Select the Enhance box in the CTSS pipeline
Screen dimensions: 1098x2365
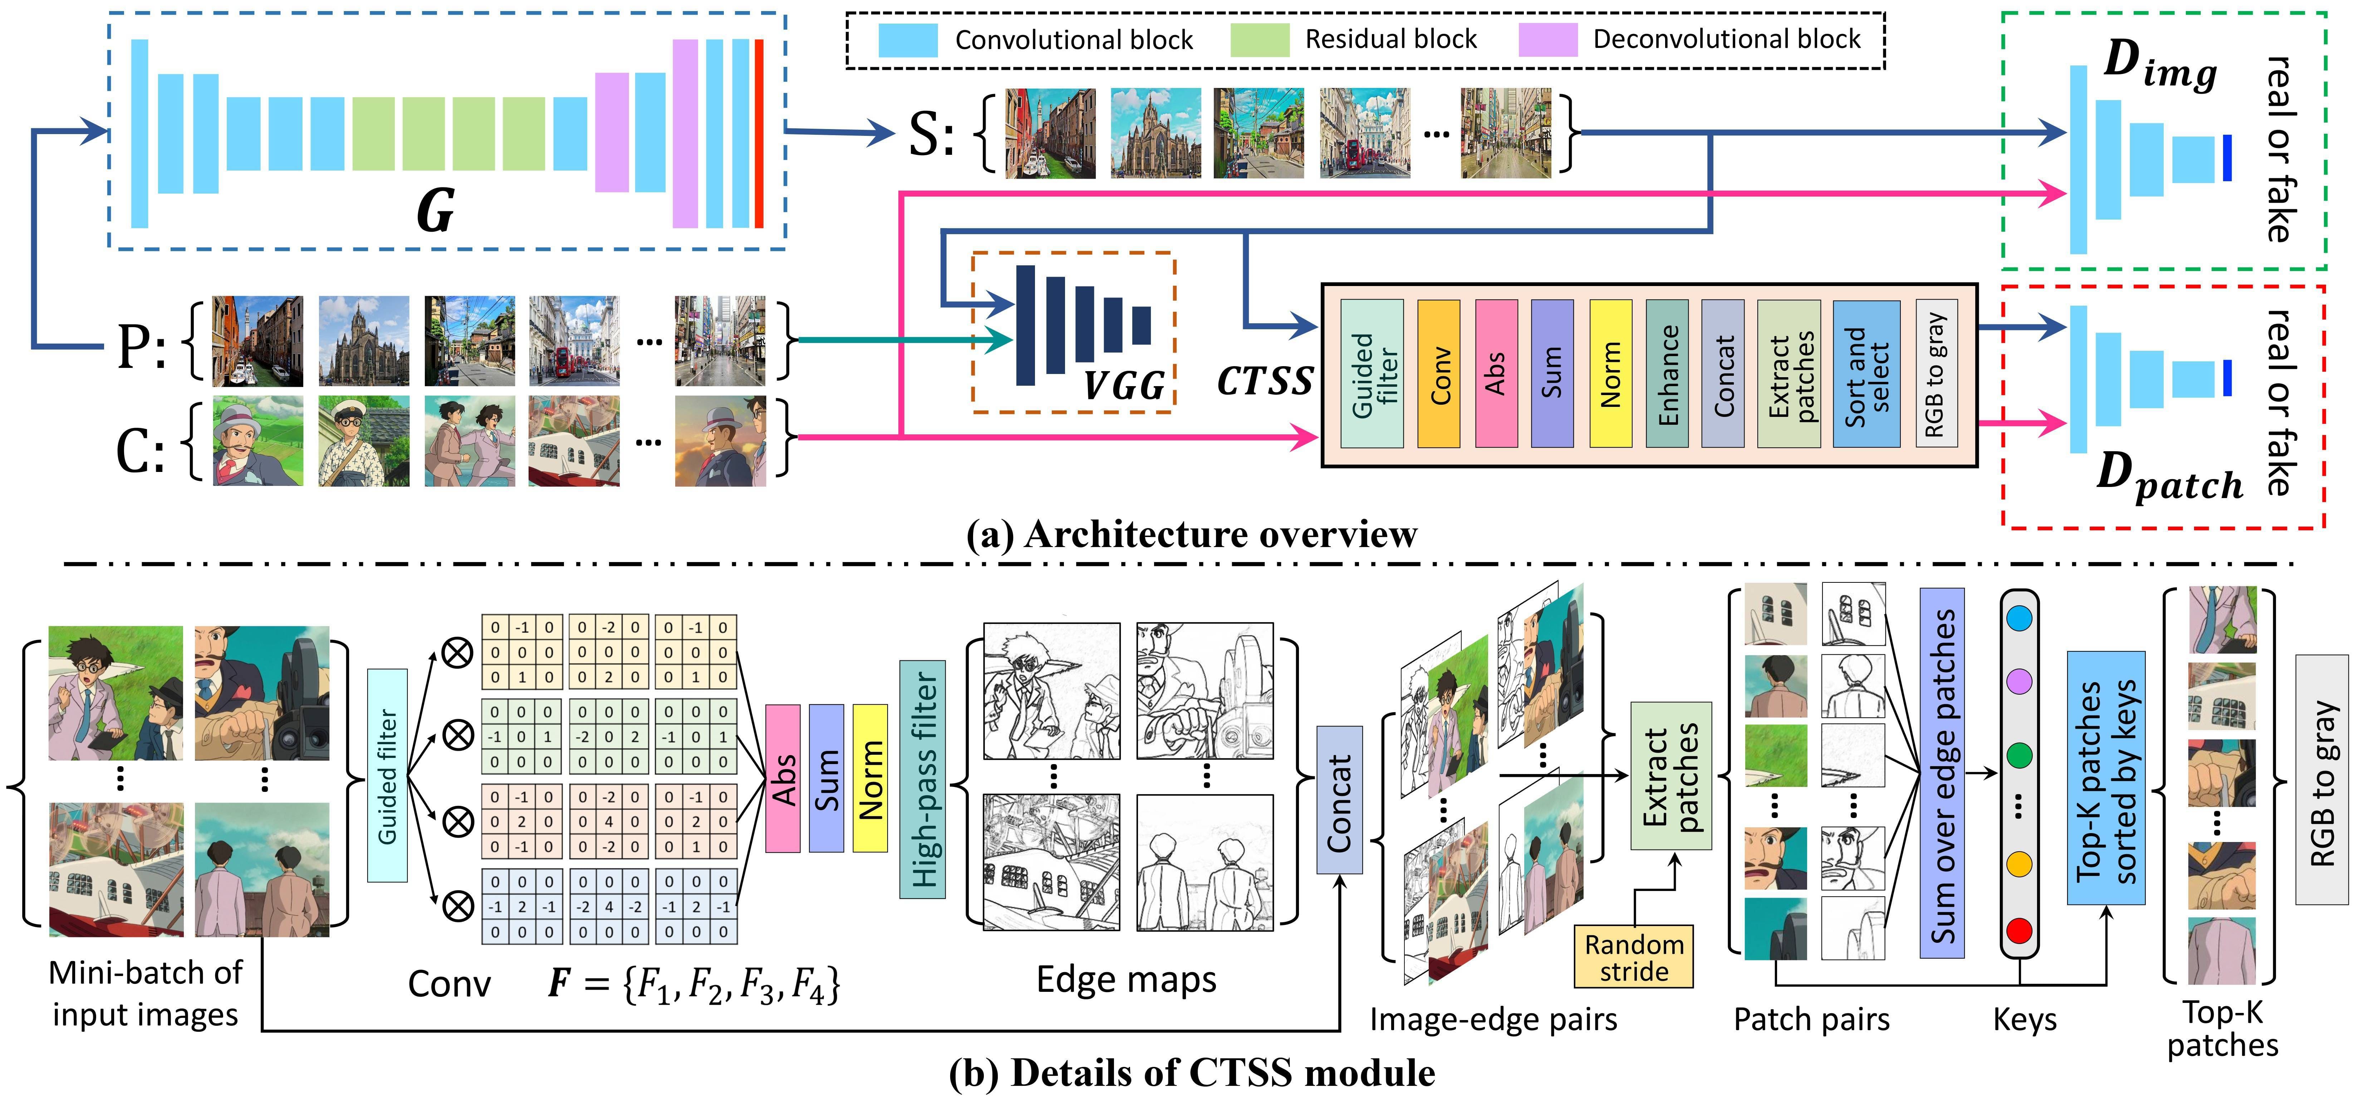[x=1666, y=374]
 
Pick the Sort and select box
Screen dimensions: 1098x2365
[x=1865, y=374]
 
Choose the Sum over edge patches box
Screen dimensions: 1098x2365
[x=1941, y=773]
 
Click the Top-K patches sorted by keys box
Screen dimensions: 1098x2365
[x=2105, y=778]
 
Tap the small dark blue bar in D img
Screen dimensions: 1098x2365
[x=2226, y=158]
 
